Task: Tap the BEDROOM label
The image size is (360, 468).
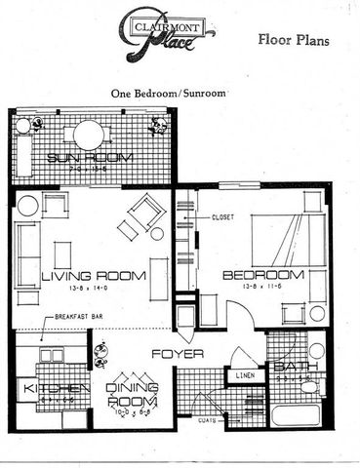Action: pos(260,275)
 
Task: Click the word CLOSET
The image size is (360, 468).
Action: pos(223,216)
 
